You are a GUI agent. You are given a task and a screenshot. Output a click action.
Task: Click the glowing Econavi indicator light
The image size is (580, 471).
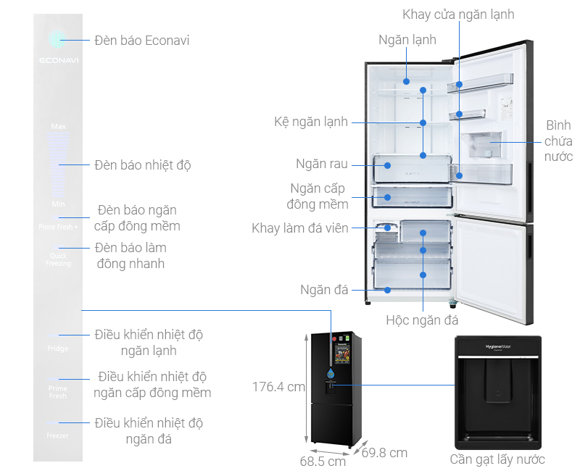[x=58, y=40]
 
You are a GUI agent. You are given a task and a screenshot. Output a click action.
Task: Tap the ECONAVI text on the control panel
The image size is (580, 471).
[x=59, y=61]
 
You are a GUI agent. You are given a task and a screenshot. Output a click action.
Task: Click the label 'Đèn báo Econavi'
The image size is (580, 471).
[x=141, y=41]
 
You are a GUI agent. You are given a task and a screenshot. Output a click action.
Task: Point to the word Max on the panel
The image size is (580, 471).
[x=59, y=126]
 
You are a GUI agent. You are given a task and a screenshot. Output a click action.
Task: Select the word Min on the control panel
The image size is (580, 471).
[x=59, y=204]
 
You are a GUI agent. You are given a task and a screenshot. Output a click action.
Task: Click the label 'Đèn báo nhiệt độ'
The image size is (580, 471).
[x=142, y=165]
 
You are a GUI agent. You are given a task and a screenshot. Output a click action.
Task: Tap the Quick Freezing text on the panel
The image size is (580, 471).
[x=59, y=259]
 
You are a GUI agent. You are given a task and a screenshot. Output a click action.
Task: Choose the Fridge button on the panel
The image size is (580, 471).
[x=58, y=349]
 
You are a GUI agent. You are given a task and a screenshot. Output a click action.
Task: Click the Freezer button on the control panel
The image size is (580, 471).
[x=58, y=435]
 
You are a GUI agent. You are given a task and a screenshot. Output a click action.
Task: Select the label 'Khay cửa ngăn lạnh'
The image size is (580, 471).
[x=459, y=14]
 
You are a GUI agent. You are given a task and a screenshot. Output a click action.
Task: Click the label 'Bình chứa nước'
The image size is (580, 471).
[x=558, y=141]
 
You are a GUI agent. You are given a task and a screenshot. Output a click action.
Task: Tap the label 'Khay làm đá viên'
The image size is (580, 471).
[x=300, y=228]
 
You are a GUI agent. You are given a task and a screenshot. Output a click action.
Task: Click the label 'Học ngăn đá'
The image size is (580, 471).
[x=422, y=319]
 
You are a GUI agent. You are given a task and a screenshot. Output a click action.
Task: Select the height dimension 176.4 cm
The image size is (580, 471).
[x=278, y=387]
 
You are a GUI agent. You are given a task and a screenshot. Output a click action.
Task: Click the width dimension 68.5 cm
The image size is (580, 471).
[x=323, y=461]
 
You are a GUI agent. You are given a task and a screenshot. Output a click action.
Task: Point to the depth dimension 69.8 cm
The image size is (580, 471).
[x=384, y=453]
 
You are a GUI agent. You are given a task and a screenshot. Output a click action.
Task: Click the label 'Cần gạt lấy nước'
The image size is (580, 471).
[x=497, y=459]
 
